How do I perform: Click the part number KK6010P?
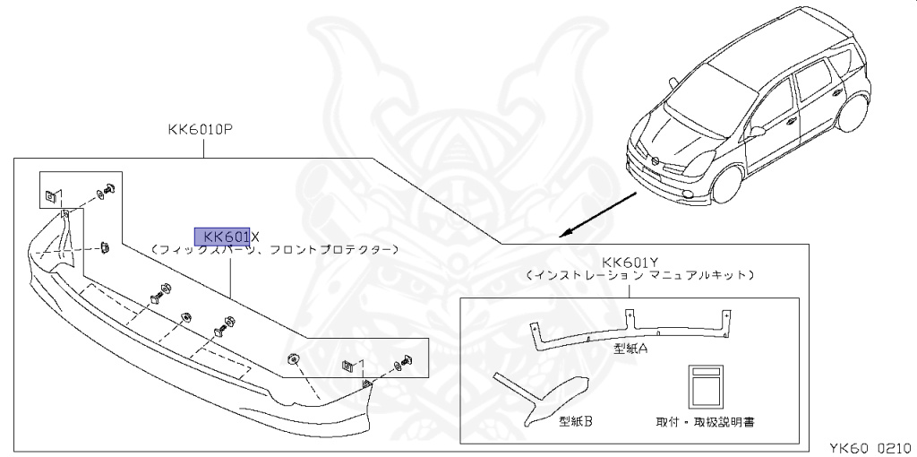pyautogui.click(x=200, y=129)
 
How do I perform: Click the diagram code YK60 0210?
pyautogui.click(x=867, y=445)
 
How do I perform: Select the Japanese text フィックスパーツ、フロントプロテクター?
pyautogui.click(x=274, y=250)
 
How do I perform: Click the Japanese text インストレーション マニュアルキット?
pyautogui.click(x=639, y=275)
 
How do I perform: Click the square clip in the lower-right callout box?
pyautogui.click(x=350, y=366)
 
